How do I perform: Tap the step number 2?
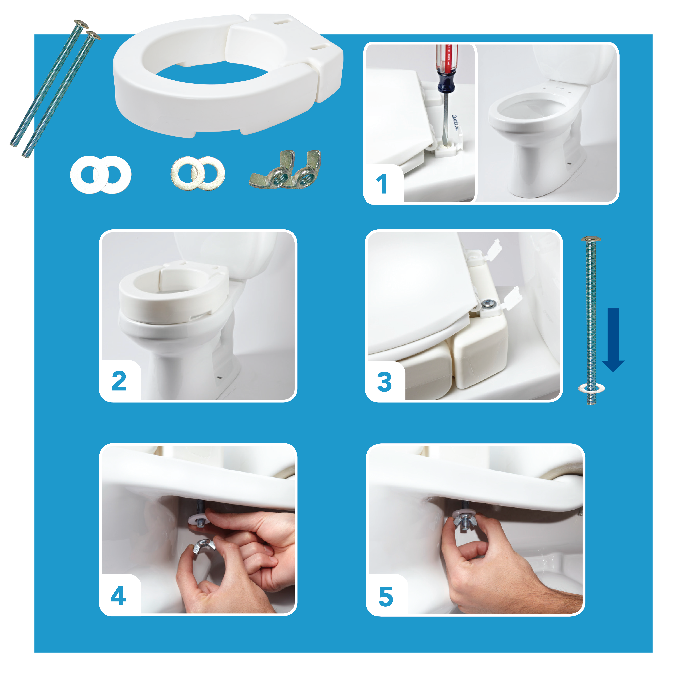[x=119, y=381]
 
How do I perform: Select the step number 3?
[x=384, y=382]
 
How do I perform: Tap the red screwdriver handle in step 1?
[x=447, y=59]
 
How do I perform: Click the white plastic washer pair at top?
[x=101, y=175]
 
